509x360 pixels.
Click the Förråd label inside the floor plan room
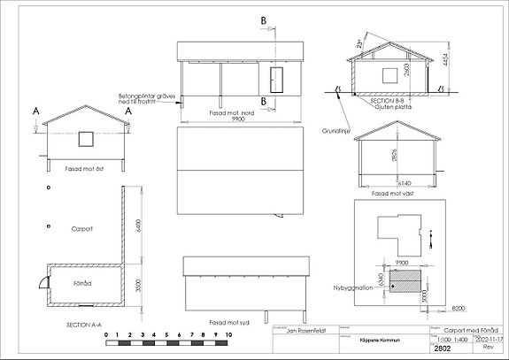(x=82, y=284)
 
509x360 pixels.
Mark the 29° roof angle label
(x=359, y=43)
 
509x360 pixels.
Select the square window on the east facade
(x=85, y=138)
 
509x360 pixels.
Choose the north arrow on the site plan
(x=430, y=238)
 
